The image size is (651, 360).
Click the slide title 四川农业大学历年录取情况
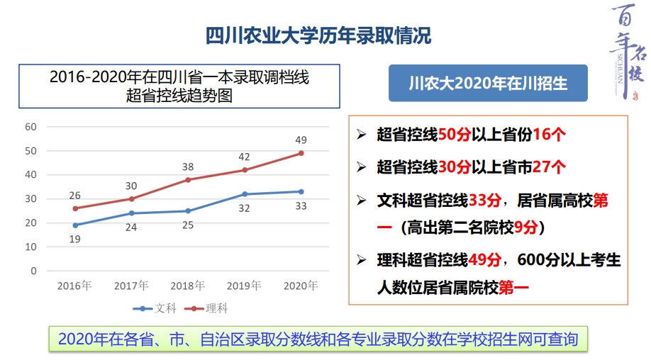[318, 35]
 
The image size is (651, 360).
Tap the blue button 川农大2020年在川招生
[488, 83]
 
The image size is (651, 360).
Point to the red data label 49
[301, 140]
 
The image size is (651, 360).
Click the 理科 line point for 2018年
[188, 179]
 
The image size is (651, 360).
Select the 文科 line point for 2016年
[75, 225]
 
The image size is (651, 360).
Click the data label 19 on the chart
[75, 239]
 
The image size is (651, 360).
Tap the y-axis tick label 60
[30, 127]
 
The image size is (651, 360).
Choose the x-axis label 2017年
[131, 286]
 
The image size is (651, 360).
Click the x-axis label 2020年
[301, 286]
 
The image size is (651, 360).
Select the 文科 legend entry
[157, 308]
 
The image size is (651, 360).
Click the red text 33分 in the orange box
[485, 200]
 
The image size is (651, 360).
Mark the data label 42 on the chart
[244, 157]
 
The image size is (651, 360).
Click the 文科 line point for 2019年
[245, 194]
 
